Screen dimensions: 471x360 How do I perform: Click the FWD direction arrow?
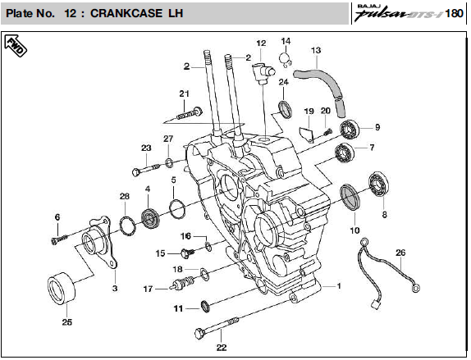tap(16, 46)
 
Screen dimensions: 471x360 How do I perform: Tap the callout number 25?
tap(67, 322)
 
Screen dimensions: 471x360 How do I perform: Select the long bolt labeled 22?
tap(217, 327)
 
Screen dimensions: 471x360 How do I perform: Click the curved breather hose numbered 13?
tap(324, 87)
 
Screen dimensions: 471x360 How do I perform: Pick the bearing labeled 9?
tap(350, 129)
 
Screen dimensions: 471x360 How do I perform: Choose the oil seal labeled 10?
tap(350, 197)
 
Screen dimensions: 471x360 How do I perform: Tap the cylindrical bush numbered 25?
tap(62, 288)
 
